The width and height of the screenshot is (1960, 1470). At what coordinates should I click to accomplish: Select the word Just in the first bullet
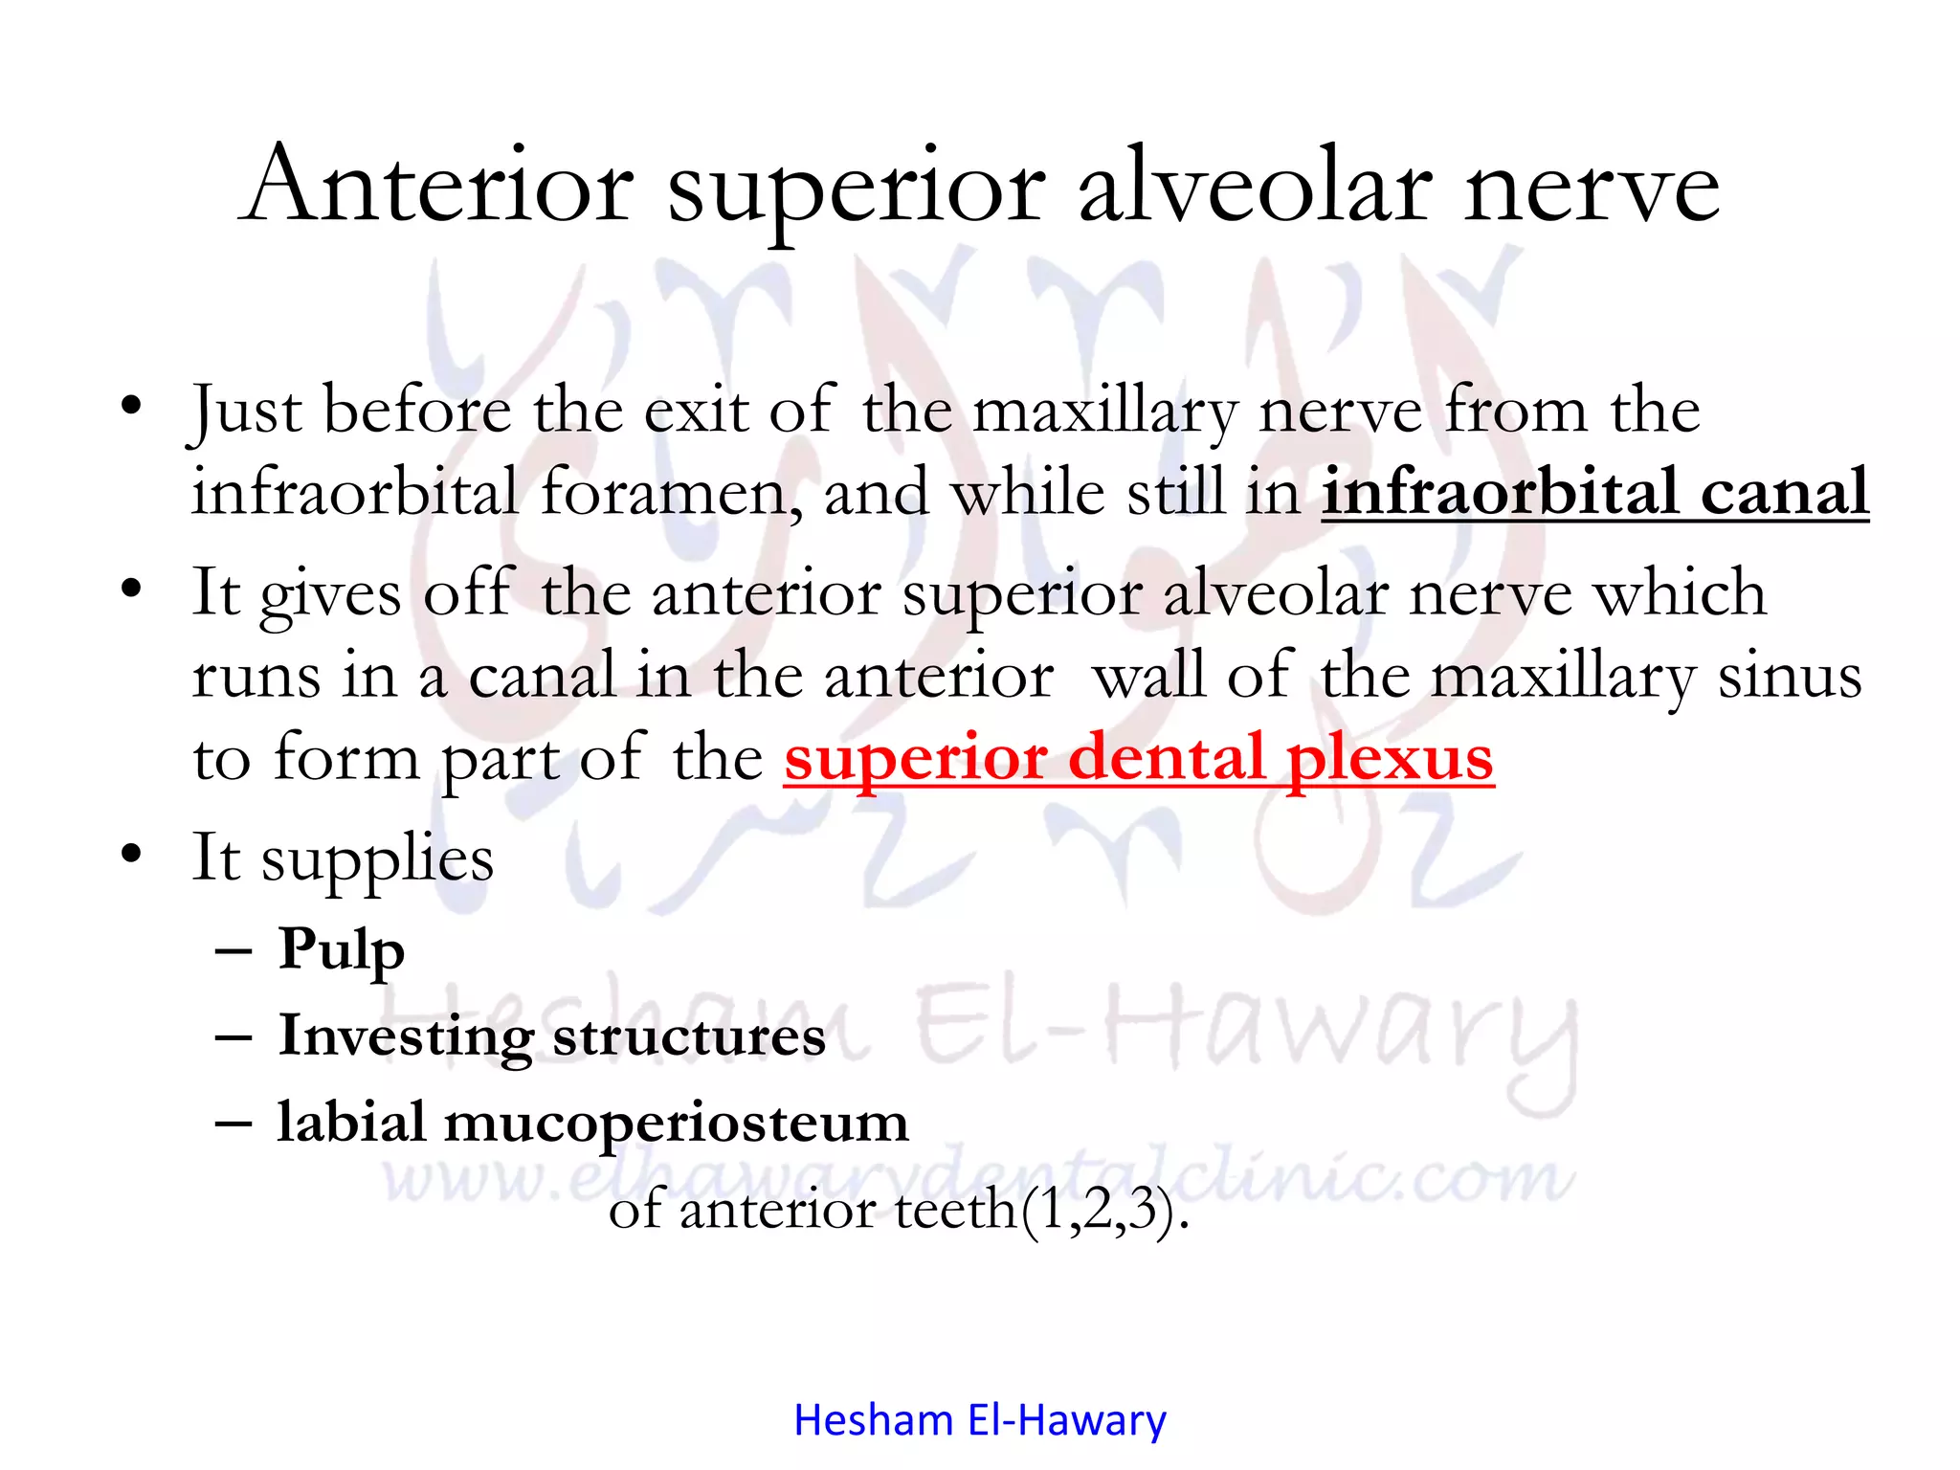tap(246, 412)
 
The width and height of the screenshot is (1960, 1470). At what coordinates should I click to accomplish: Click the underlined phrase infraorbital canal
tap(1594, 492)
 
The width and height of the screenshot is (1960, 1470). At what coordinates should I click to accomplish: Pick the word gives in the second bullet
tap(330, 593)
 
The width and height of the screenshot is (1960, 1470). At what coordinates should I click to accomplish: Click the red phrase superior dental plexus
tap(1138, 758)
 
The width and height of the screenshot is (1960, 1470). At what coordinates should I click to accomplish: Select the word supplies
tap(377, 857)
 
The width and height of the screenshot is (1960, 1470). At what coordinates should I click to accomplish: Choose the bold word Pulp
tap(341, 949)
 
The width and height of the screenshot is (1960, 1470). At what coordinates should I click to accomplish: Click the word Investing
tap(405, 1036)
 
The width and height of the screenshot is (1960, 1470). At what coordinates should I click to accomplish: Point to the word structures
tap(689, 1036)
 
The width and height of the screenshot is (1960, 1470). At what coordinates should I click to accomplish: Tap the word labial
tap(351, 1122)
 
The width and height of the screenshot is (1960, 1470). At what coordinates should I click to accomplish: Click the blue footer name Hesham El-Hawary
tap(980, 1420)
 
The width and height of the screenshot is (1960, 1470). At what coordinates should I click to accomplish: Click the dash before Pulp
tap(234, 951)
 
